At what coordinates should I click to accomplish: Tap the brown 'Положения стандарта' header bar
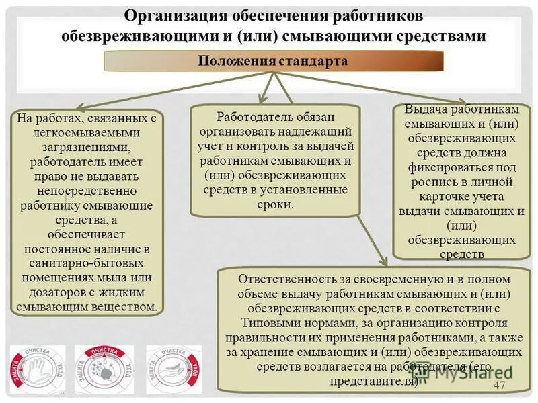click(x=273, y=62)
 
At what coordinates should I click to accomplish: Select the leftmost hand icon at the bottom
click(x=38, y=369)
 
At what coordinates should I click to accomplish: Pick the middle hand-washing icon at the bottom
click(x=104, y=369)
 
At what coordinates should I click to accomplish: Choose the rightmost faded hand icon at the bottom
click(x=174, y=369)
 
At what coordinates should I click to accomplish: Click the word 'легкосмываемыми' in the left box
click(x=86, y=132)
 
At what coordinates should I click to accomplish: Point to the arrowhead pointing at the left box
click(x=74, y=107)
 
